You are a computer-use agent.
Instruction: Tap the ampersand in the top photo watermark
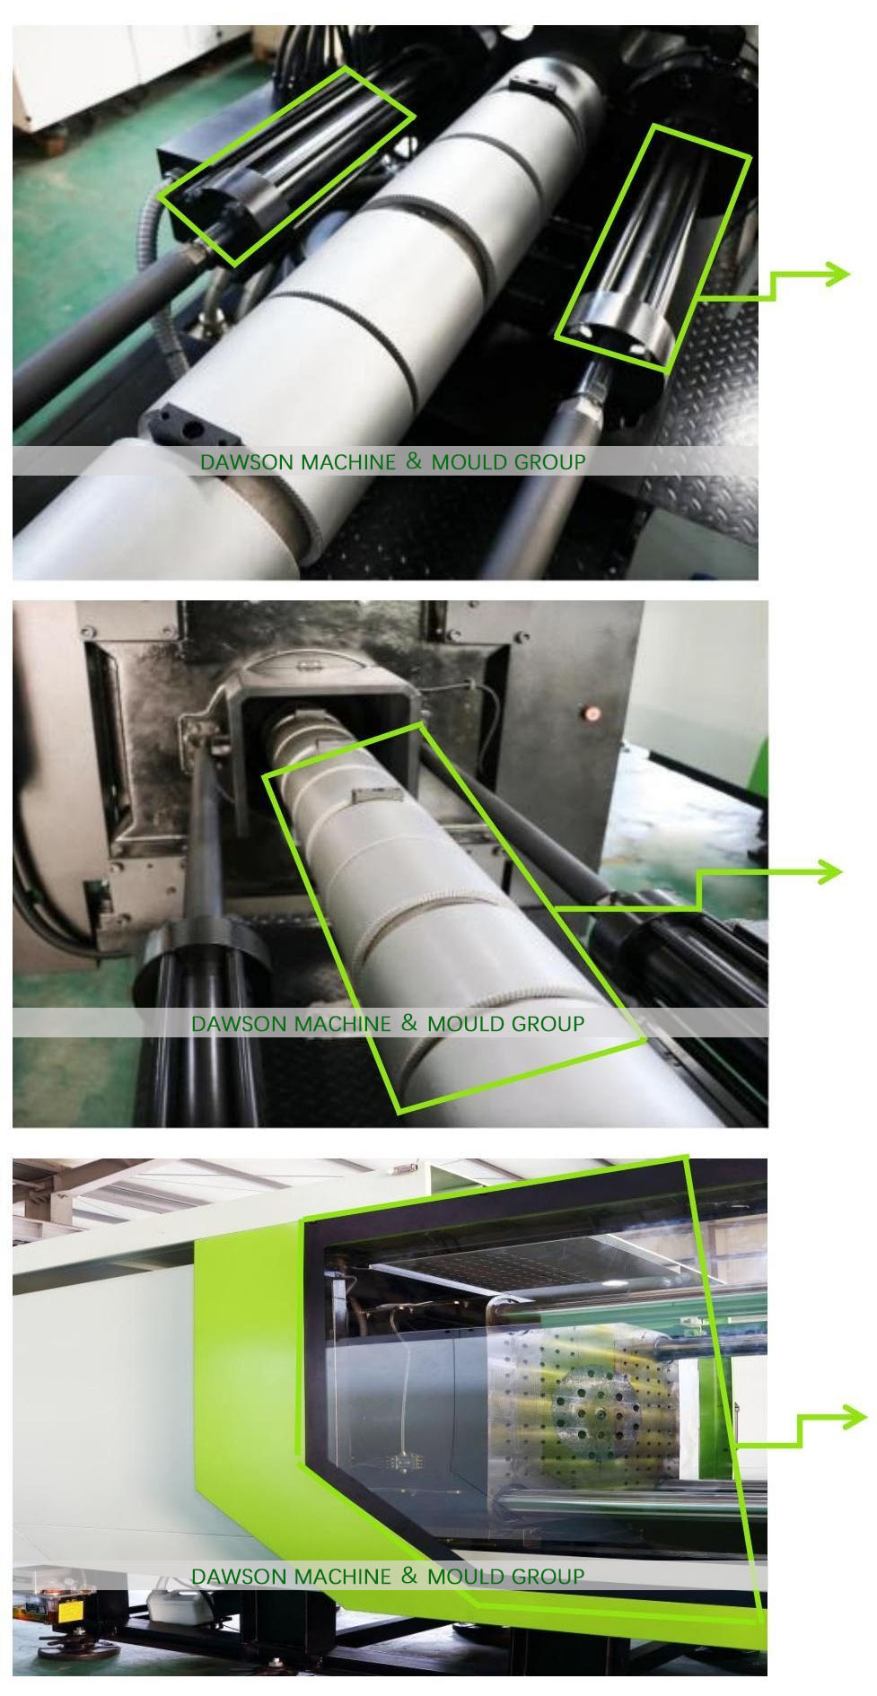coord(413,461)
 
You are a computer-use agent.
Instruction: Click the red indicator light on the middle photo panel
coord(591,713)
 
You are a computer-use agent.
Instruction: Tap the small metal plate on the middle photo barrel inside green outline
coord(369,793)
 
